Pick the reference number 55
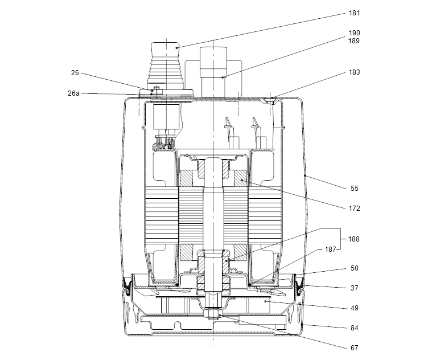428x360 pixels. (355, 188)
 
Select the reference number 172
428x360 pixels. (354, 208)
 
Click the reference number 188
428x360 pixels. (354, 239)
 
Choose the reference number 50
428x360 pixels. (355, 268)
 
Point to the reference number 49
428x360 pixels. (355, 308)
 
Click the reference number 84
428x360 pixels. (355, 328)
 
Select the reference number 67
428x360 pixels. (355, 347)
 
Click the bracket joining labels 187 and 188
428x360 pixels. (340, 239)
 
